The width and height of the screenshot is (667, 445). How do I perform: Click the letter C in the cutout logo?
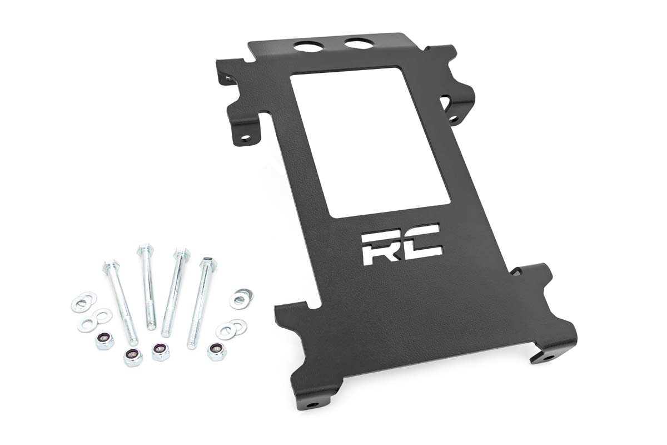coord(425,243)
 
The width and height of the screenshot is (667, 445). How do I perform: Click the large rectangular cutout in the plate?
coord(370,142)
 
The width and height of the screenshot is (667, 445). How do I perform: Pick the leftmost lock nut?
coord(104,340)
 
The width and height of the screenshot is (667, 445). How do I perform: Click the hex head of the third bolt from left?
coord(181,254)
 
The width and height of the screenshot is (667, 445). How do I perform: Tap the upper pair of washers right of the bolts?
coord(241,298)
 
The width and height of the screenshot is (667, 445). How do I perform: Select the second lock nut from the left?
coord(133,356)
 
